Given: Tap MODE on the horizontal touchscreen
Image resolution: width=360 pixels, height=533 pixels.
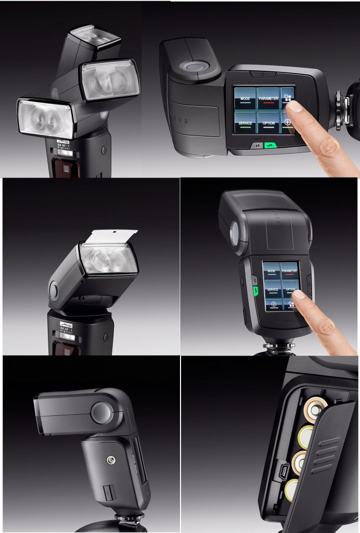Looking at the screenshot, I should pyautogui.click(x=245, y=98).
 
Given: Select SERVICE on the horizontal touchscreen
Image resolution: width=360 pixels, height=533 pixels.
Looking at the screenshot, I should pyautogui.click(x=245, y=123).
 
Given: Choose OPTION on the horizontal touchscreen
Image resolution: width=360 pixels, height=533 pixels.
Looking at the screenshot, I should pyautogui.click(x=269, y=123).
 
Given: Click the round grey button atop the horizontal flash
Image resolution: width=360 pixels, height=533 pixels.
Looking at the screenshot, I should pyautogui.click(x=194, y=67).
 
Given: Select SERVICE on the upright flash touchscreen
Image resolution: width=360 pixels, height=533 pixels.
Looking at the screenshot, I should pyautogui.click(x=272, y=290).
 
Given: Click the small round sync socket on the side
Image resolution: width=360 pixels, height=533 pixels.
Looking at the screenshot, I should pyautogui.click(x=110, y=460).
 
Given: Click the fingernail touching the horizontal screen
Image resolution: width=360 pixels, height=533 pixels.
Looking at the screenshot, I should pyautogui.click(x=294, y=107).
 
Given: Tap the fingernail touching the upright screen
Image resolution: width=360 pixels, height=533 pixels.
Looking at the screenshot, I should pyautogui.click(x=299, y=295).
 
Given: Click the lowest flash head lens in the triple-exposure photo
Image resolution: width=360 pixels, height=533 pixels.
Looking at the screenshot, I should pyautogui.click(x=45, y=119).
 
